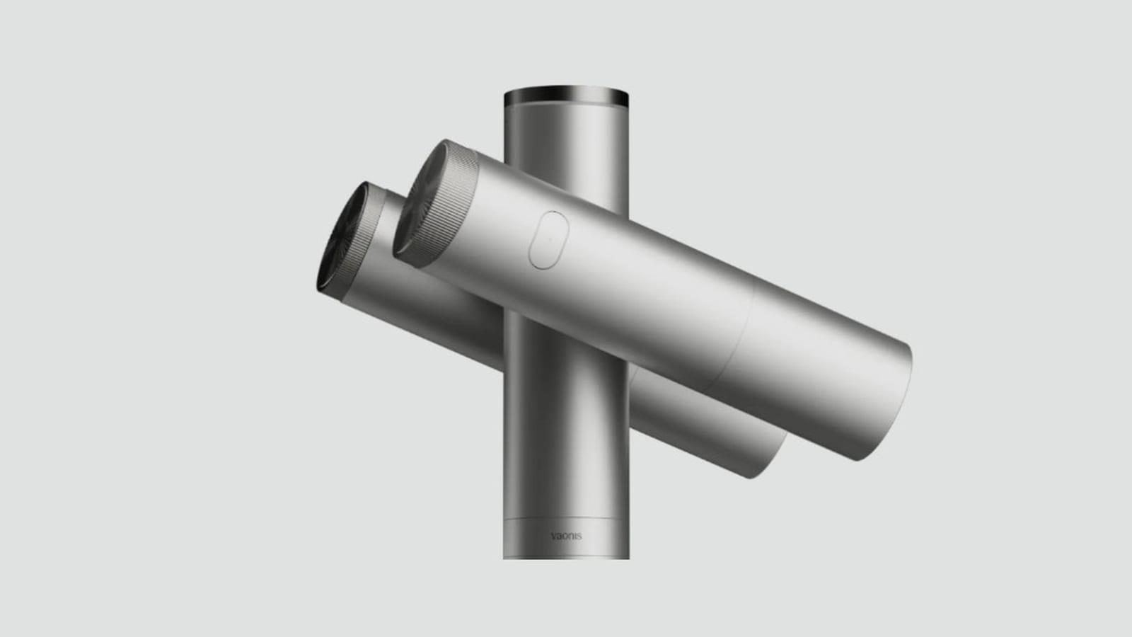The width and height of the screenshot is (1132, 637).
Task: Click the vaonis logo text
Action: pyautogui.click(x=566, y=536)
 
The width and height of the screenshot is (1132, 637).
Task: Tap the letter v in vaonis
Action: pyautogui.click(x=553, y=536)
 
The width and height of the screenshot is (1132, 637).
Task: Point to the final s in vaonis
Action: pyautogui.click(x=579, y=536)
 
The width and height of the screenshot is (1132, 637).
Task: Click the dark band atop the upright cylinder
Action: pyautogui.click(x=566, y=96)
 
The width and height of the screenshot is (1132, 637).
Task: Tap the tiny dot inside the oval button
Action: pyautogui.click(x=550, y=240)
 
